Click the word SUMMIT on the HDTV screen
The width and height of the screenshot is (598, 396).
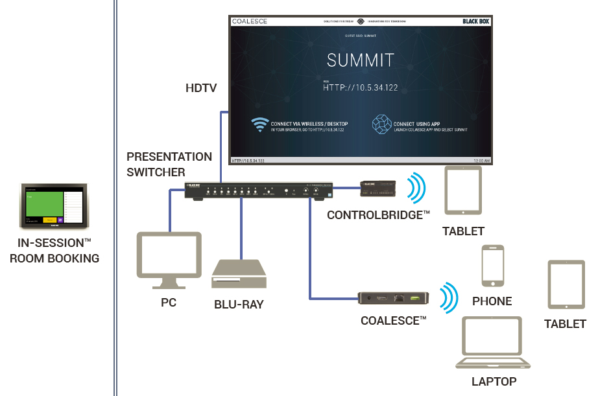360,61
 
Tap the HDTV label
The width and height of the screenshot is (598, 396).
201,87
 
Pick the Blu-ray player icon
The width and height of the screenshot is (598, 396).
239,274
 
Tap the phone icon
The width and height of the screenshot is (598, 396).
492,266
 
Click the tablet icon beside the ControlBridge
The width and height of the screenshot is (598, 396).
463,190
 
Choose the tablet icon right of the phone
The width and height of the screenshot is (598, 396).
566,285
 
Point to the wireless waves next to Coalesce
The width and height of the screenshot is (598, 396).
446,297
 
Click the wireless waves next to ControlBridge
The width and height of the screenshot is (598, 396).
415,188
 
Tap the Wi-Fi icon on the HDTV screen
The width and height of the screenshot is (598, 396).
260,124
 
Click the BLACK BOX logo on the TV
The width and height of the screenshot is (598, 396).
476,21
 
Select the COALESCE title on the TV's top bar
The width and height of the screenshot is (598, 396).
249,21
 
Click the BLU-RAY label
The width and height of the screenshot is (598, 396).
239,304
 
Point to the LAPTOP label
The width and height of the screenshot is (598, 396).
494,382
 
